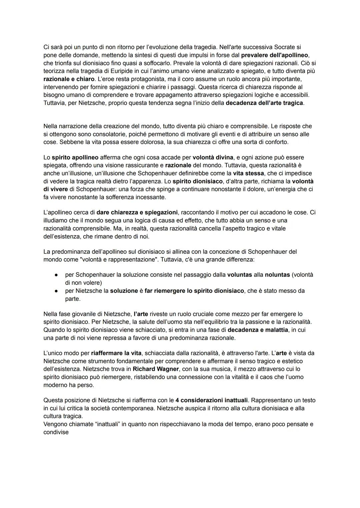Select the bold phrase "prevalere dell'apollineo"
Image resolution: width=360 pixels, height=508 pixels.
tap(274, 55)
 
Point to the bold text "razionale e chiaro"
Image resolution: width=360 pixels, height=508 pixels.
tap(69, 79)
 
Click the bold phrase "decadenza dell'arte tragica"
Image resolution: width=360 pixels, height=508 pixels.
tap(264, 103)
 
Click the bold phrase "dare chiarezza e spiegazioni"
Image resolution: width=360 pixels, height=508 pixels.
tap(137, 212)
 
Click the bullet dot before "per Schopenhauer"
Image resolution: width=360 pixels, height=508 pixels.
tap(57, 275)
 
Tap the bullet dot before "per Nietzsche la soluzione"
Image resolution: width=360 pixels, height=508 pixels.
tap(57, 291)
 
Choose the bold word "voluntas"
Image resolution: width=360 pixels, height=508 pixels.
tap(239, 275)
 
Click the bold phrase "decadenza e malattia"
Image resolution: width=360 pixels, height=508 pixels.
tap(257, 330)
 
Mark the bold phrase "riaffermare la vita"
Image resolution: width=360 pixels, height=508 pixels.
tap(116, 353)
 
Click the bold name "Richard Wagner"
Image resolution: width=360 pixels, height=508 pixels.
tap(156, 369)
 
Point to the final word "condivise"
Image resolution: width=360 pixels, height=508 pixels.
tap(56, 432)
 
